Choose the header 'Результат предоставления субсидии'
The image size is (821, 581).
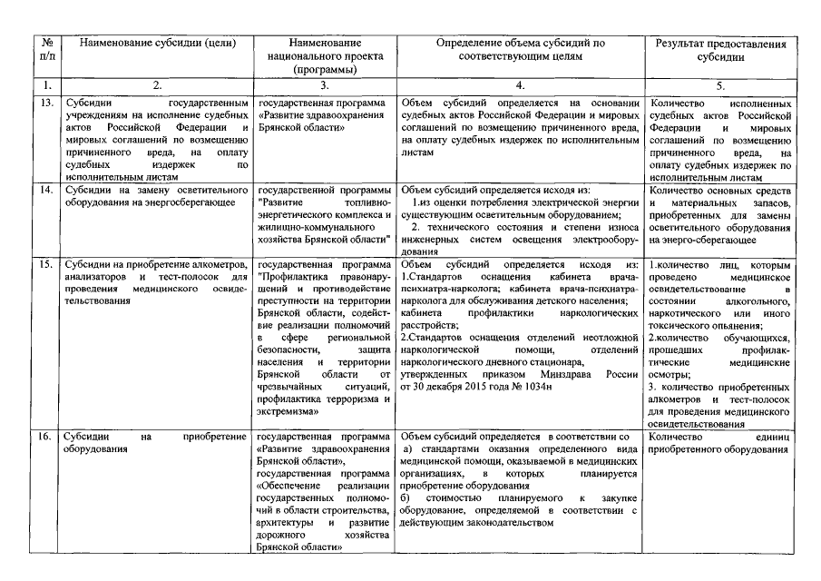click(x=721, y=50)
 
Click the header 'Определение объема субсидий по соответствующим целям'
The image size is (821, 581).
click(x=520, y=50)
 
